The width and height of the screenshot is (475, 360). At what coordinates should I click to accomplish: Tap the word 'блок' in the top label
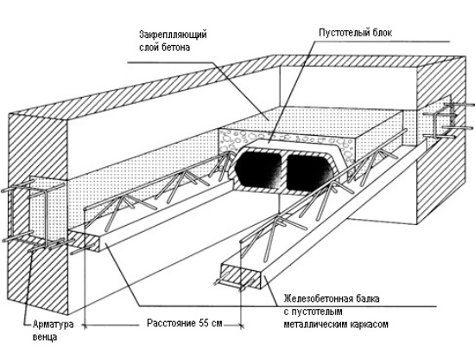coord(382,32)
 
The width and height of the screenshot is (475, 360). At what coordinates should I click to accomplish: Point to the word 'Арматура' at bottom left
coord(53,325)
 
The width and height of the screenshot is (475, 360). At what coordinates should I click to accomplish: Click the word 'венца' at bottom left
coord(45,337)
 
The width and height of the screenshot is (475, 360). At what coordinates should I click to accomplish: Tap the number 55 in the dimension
coord(204,323)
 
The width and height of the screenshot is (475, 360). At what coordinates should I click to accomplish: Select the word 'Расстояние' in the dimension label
coord(172,324)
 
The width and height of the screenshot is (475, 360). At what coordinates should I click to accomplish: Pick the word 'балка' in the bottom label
coord(368,299)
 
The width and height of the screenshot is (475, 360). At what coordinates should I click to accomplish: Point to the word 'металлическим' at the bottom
coord(316,325)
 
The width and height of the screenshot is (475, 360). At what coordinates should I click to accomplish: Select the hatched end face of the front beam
coord(241,275)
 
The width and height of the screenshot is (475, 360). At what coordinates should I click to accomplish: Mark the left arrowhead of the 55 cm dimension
coord(85,325)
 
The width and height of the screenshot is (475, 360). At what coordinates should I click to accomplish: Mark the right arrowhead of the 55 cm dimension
coord(241,325)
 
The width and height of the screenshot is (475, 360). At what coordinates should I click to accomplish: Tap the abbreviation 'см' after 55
coord(217,324)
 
